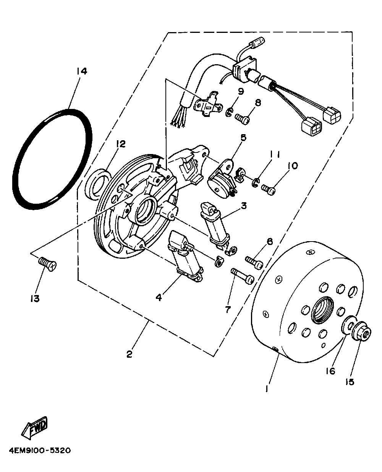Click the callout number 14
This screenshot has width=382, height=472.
(x=81, y=71)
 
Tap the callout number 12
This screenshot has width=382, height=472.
(x=121, y=144)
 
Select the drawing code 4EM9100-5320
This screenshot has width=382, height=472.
(x=38, y=451)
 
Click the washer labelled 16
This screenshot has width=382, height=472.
(x=348, y=325)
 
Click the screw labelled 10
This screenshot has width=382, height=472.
(x=269, y=190)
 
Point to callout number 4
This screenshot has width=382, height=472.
(x=159, y=297)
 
